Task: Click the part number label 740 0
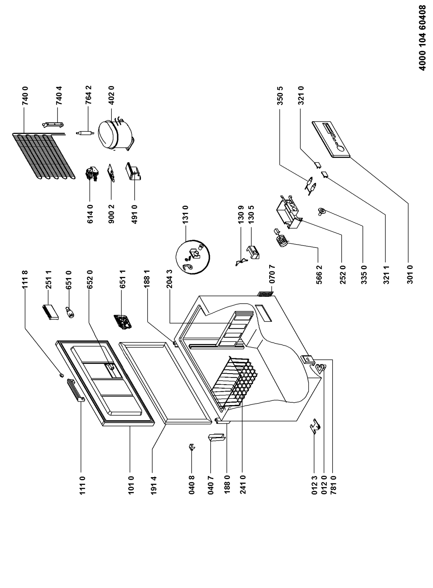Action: point(26,96)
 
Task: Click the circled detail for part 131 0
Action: point(192,257)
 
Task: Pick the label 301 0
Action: point(410,275)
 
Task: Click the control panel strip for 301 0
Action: point(331,139)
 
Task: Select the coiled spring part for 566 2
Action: point(282,238)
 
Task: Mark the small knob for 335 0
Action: point(321,211)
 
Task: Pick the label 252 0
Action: point(342,275)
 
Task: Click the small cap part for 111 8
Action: point(61,375)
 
